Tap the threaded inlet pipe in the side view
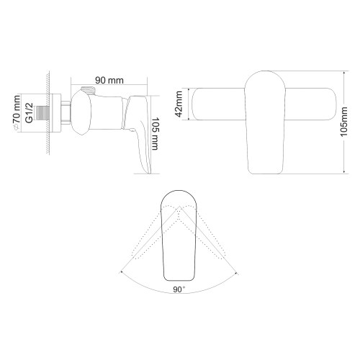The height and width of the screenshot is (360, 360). [49, 114]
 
